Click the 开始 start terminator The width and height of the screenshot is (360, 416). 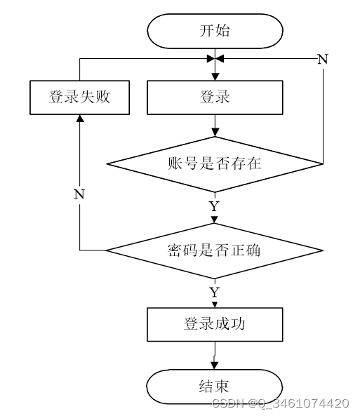click(215, 31)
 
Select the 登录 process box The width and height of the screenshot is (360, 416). click(215, 98)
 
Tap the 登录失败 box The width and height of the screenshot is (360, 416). click(79, 98)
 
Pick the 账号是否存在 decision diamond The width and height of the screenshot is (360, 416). click(215, 164)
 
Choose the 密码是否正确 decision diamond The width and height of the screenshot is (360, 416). click(215, 250)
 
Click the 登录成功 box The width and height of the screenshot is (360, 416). click(215, 324)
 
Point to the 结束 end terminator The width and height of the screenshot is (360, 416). click(215, 387)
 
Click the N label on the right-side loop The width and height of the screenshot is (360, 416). click(323, 59)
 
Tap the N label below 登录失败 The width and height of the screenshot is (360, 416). click(79, 194)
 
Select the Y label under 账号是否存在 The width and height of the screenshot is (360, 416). click(215, 206)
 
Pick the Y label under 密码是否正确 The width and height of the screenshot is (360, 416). click(215, 292)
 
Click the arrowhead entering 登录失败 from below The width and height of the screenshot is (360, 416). click(80, 119)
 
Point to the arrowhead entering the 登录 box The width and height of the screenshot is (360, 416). click(215, 76)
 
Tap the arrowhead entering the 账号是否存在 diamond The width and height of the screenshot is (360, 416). click(215, 133)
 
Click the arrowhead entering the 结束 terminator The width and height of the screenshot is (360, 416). click(215, 365)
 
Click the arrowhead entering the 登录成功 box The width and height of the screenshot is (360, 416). click(215, 304)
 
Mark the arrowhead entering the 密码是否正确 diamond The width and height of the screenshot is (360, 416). click(215, 220)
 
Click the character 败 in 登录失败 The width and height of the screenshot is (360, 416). click(102, 96)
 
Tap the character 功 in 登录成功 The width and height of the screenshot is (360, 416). click(238, 323)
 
